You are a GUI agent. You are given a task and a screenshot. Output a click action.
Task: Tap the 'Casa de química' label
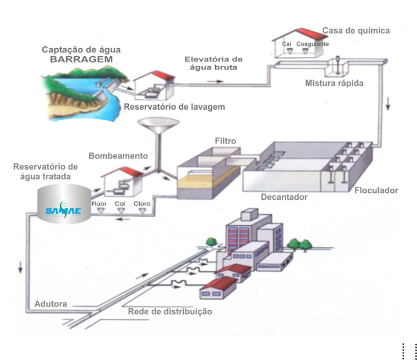[356, 30]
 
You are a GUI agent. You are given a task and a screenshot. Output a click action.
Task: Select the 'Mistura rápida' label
[334, 83]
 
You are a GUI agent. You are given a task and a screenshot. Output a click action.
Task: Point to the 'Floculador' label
[376, 190]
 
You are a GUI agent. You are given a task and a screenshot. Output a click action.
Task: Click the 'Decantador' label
[284, 197]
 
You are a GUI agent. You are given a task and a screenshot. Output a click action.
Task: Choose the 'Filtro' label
[225, 141]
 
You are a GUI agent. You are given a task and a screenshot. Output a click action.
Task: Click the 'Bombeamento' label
[118, 156]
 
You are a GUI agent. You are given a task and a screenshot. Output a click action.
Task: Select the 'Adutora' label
[51, 304]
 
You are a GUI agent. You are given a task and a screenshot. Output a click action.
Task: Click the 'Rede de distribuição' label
[170, 312]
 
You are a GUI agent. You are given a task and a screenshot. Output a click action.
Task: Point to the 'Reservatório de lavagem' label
[174, 107]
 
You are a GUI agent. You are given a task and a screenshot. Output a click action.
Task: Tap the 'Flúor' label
[100, 204]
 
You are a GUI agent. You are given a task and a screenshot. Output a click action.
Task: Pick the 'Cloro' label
[142, 204]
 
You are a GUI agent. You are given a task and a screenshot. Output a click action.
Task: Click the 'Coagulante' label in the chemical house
[313, 44]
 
